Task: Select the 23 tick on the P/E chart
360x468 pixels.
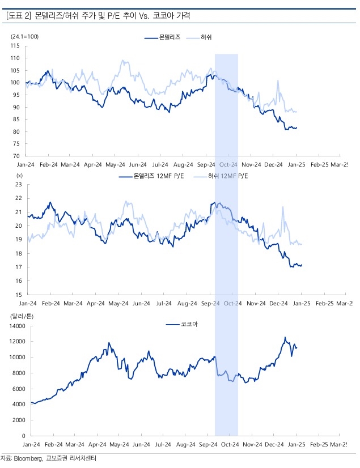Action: click(18, 185)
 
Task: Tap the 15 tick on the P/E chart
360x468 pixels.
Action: click(18, 295)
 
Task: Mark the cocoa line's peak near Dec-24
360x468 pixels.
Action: click(286, 338)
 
